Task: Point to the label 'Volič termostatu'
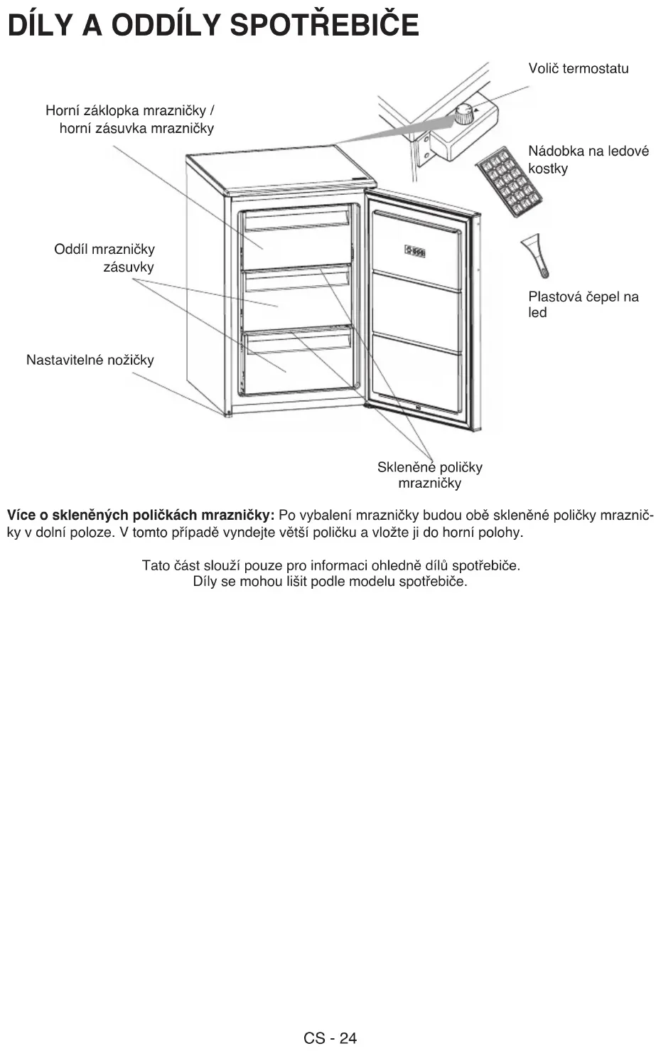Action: pyautogui.click(x=578, y=69)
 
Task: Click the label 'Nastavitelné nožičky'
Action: pyautogui.click(x=90, y=360)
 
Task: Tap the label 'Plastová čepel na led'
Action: pyautogui.click(x=583, y=304)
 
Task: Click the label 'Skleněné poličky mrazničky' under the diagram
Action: pyautogui.click(x=429, y=475)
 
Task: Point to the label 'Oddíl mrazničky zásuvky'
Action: pyautogui.click(x=104, y=258)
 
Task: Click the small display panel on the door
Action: pyautogui.click(x=415, y=250)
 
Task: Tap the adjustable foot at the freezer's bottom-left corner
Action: pyautogui.click(x=228, y=413)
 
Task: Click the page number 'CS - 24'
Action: pyautogui.click(x=330, y=1037)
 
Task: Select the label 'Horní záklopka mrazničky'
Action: pyautogui.click(x=129, y=111)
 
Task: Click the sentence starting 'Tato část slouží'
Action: pyautogui.click(x=330, y=566)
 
